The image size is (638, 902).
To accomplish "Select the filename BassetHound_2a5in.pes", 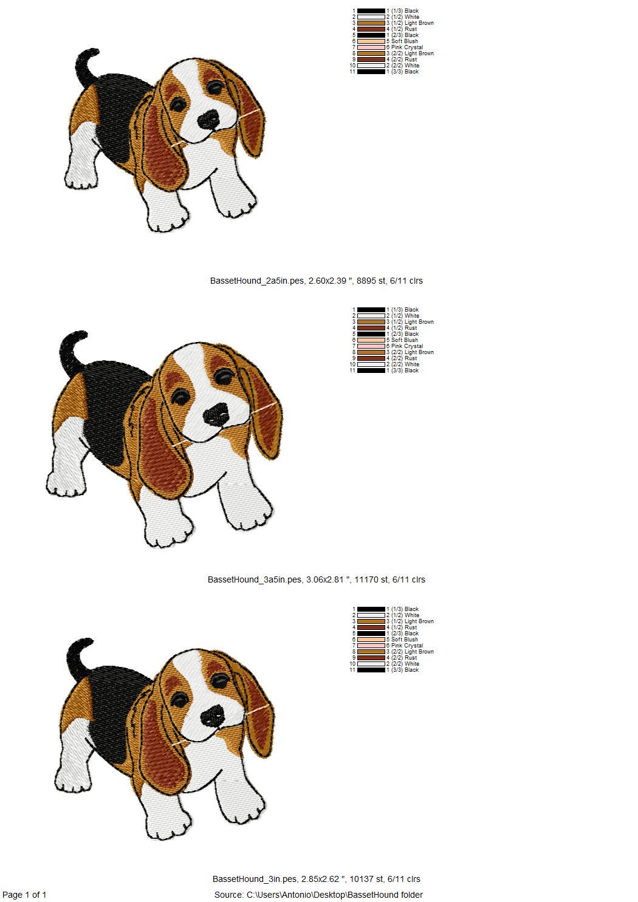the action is coord(257,281).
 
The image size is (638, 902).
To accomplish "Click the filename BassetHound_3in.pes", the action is coord(255,879).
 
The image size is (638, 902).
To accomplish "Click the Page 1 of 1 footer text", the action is coord(24,895).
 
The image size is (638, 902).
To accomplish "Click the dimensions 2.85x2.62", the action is coord(321,879).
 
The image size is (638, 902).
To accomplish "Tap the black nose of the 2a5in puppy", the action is coord(208,119).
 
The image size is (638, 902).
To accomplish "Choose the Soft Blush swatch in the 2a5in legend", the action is coord(371,41).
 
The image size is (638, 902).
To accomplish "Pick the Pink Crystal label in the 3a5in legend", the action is coord(407,346).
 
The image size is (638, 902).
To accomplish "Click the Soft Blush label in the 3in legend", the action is coord(405,639).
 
